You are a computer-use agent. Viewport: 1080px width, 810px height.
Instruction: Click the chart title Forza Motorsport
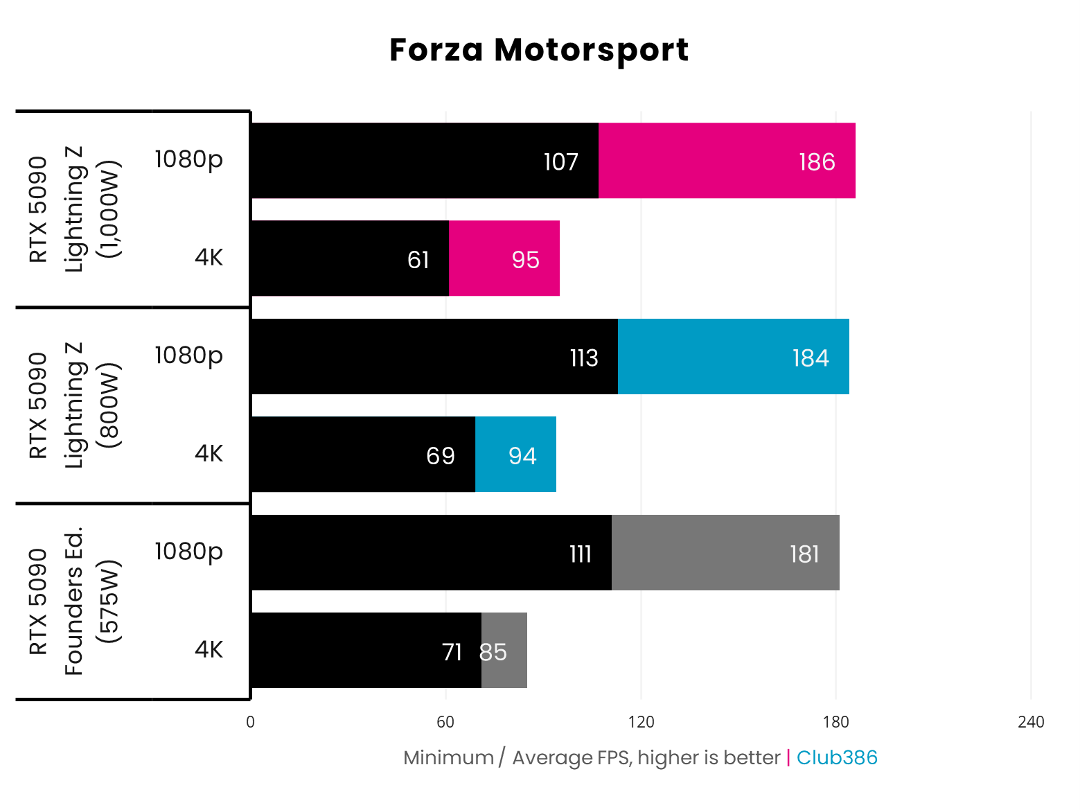point(539,50)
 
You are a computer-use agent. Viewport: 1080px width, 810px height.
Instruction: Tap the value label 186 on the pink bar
point(817,162)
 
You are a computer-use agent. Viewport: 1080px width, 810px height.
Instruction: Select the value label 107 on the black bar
point(560,162)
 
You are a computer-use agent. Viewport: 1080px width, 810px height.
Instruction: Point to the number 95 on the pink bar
point(525,260)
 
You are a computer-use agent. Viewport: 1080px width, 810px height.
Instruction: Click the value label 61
point(418,260)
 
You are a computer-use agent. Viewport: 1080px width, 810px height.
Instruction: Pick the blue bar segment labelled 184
point(733,357)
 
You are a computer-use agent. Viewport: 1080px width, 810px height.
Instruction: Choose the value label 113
point(583,358)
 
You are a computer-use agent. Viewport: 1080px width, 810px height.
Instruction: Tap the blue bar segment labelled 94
point(515,455)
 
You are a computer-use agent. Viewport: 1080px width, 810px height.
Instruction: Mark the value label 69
point(441,456)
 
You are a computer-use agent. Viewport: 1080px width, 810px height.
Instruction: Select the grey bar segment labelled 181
point(725,553)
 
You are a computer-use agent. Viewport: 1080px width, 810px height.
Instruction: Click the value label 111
point(581,554)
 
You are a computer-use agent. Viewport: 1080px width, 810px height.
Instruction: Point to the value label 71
point(452,652)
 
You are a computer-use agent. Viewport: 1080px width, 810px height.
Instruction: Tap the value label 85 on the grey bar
point(493,652)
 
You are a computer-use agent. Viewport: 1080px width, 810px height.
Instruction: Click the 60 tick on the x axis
point(445,722)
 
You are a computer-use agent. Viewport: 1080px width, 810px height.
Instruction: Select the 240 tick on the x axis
point(1031,722)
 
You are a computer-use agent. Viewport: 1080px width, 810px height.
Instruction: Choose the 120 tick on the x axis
point(641,722)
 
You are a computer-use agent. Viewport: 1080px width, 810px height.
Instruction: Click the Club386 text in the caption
point(837,757)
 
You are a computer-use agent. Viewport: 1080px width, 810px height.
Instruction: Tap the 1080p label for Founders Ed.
point(188,552)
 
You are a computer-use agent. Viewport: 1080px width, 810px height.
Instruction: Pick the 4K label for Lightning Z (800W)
point(209,453)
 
